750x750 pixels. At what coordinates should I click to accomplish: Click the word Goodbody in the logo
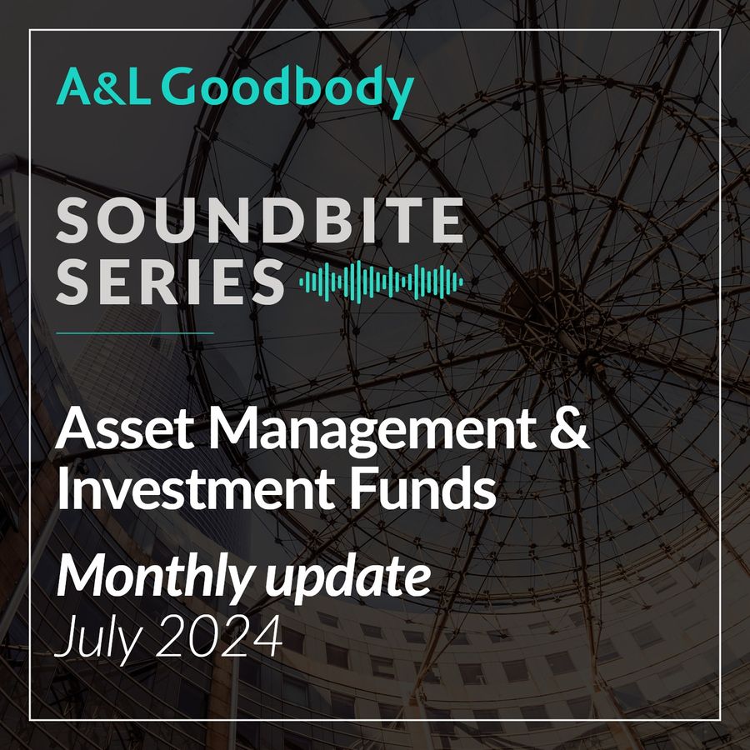(x=287, y=89)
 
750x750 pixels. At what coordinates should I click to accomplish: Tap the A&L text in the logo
(x=103, y=86)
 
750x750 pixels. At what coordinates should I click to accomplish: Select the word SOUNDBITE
(x=260, y=220)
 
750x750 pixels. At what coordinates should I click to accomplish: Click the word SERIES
(x=170, y=282)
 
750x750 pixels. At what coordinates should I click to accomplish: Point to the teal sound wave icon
(x=381, y=282)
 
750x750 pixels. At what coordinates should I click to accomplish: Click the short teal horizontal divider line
(x=135, y=332)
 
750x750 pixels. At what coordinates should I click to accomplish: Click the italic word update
(x=348, y=579)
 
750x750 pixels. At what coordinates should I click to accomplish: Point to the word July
(x=99, y=639)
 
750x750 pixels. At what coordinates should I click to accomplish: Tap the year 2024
(x=218, y=636)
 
